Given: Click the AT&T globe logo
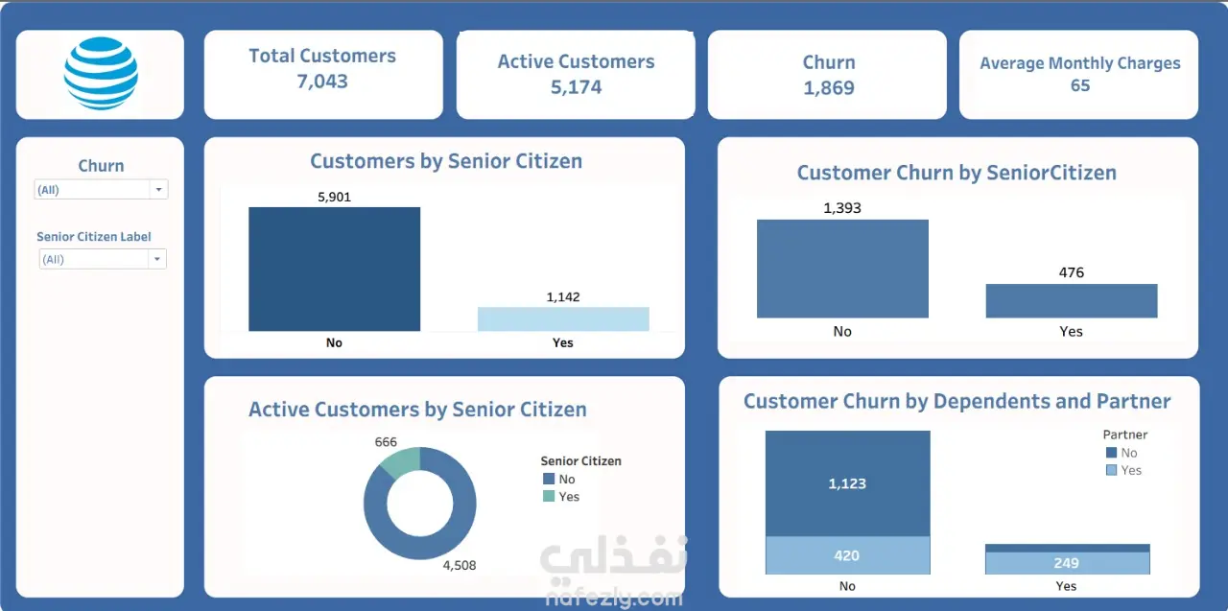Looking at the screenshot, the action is point(101,74).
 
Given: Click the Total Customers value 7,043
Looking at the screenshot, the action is point(322,82).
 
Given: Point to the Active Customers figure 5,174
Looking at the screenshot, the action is point(577,87).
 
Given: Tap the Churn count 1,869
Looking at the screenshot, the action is point(829,88).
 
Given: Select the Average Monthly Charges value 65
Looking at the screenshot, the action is point(1080,85).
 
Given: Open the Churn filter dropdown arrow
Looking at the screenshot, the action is point(158,190).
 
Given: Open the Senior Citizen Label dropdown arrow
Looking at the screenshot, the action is point(156,259).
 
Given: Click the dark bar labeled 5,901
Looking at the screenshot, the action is point(335,270).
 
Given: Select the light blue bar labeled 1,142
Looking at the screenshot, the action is point(563,318).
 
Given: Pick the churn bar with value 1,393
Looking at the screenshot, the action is point(842,269).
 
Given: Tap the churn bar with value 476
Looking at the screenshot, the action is point(1072,301).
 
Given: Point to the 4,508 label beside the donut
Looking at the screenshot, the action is point(460,566).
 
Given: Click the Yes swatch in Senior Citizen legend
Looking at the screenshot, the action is point(548,497).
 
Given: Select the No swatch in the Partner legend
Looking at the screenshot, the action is point(1111,453).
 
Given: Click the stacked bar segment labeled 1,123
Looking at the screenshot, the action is point(847,483).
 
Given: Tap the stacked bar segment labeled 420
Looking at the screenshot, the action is point(847,555).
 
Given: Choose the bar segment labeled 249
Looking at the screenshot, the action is point(1068,563).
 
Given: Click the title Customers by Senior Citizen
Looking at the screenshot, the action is point(446,162).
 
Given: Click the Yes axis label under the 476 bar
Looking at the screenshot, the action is point(1072,332).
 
